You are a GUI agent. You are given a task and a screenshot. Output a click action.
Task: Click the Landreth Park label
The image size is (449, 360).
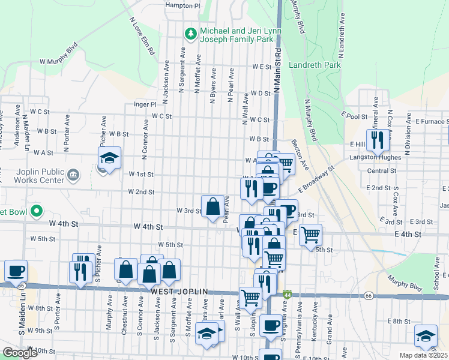click(x=315, y=65)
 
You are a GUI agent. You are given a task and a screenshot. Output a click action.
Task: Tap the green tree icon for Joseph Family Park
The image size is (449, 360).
click(x=191, y=34)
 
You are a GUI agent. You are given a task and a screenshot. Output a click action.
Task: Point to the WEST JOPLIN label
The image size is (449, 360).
click(x=179, y=292)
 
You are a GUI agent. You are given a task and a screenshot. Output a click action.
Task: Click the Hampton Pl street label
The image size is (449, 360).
click(x=182, y=5)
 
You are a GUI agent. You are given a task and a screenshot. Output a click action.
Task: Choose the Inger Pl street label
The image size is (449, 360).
click(x=145, y=104)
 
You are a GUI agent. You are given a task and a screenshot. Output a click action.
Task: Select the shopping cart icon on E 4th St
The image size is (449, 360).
click(x=310, y=234)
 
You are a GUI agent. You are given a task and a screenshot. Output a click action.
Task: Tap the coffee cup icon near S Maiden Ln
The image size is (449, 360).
click(x=16, y=270)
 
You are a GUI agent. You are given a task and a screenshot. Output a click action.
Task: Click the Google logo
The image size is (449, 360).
click(x=20, y=353)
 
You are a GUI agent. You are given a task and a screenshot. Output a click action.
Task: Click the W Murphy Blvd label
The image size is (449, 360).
click(x=59, y=53)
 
